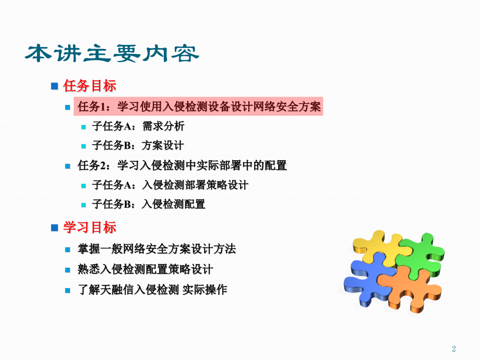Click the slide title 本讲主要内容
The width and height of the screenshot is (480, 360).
[112, 54]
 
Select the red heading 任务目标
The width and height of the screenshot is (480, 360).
[89, 86]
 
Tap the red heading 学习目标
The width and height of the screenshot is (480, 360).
[89, 227]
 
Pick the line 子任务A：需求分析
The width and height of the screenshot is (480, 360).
[138, 126]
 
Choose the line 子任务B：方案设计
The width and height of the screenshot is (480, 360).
[138, 146]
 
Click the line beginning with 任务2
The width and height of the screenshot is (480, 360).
[182, 165]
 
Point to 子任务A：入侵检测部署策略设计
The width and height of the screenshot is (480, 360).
[170, 185]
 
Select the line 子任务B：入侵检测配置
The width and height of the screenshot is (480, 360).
[149, 204]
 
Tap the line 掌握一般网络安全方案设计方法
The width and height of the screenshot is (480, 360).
[157, 249]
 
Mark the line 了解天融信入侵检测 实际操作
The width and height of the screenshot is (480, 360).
[152, 289]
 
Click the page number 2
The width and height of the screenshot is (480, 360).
[453, 349]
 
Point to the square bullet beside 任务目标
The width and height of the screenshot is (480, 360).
[54, 86]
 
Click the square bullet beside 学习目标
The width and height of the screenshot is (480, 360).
[54, 227]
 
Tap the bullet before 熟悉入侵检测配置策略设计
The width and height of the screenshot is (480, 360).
[67, 270]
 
